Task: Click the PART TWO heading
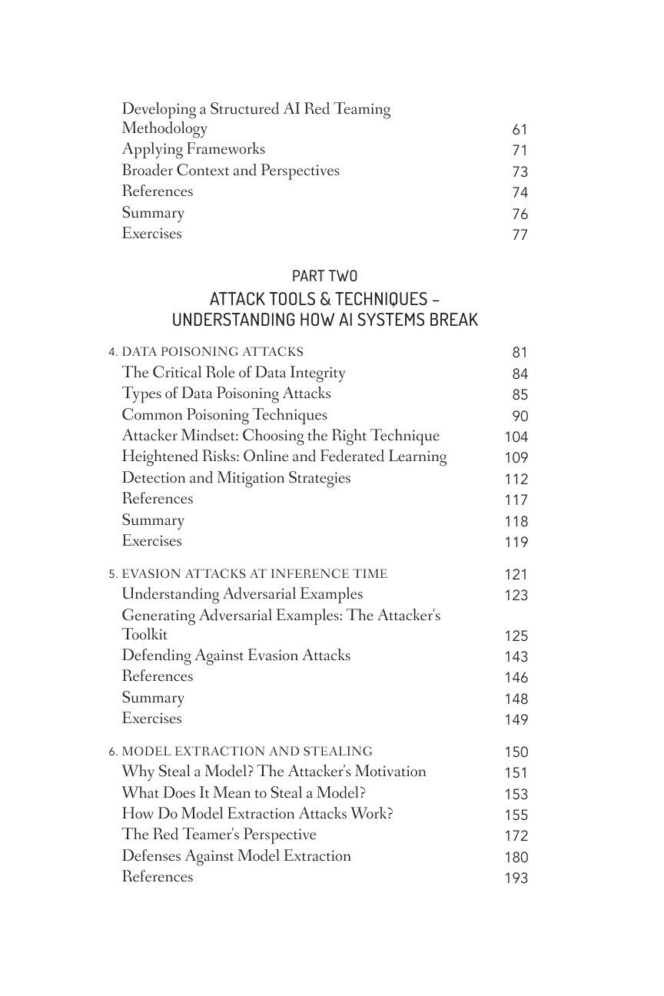click(x=324, y=276)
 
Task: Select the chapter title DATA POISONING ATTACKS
click(x=212, y=352)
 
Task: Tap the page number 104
click(x=516, y=437)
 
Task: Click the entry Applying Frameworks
click(x=193, y=149)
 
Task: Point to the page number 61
click(x=520, y=130)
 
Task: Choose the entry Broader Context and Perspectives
click(x=230, y=171)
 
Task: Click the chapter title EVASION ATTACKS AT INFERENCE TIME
click(x=254, y=574)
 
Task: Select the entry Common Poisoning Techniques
click(x=224, y=415)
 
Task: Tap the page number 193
click(x=516, y=878)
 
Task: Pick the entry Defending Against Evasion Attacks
click(x=236, y=656)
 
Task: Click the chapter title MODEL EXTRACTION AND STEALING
click(x=247, y=752)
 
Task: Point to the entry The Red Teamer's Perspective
click(x=218, y=835)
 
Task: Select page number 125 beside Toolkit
click(x=516, y=636)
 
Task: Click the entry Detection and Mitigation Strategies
click(x=236, y=478)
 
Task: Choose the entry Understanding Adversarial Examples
click(x=242, y=594)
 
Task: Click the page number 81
click(x=520, y=353)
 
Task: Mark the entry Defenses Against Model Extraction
click(x=236, y=856)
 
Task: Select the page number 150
click(x=516, y=752)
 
